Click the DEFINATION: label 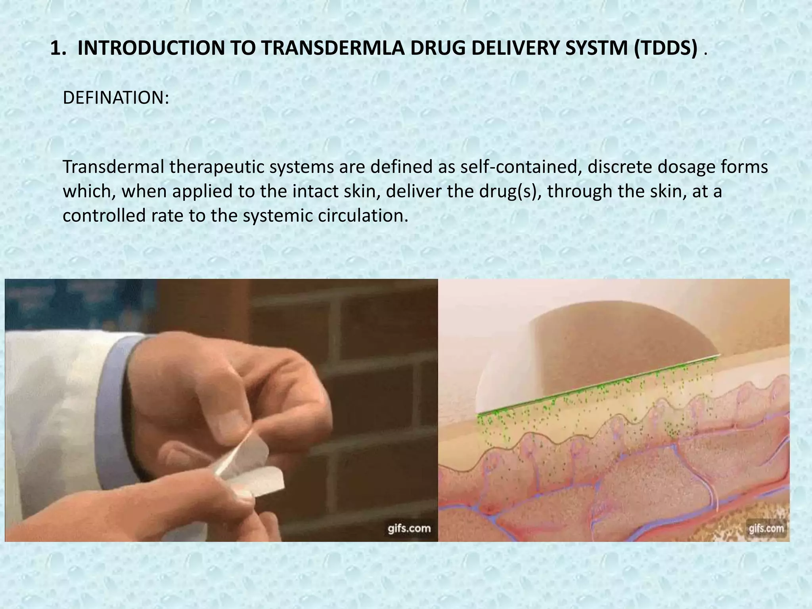(x=116, y=98)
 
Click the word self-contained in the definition (x=521, y=167)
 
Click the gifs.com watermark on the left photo (x=409, y=528)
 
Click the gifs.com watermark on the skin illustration (x=766, y=528)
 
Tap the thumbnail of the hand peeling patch (x=221, y=410)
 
